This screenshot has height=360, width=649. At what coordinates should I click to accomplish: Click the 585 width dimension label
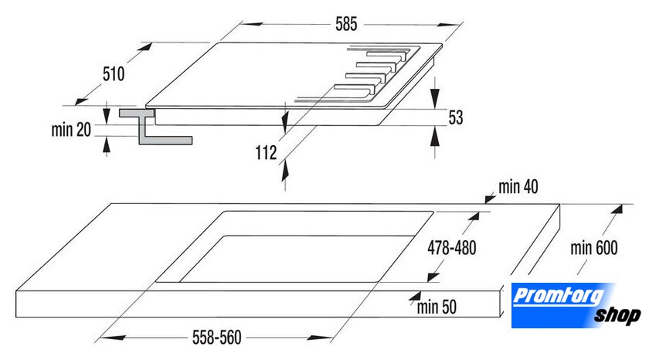tap(346, 24)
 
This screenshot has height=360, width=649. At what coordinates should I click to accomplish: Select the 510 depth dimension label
tap(114, 74)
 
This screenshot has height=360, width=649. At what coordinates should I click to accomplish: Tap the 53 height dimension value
tap(456, 117)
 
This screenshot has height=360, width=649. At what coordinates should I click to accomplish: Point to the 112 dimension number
tap(266, 153)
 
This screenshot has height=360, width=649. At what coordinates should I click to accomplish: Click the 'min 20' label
tap(71, 130)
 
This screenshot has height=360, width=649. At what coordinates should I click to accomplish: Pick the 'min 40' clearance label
tap(518, 187)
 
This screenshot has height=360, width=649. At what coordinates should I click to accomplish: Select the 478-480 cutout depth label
tap(451, 248)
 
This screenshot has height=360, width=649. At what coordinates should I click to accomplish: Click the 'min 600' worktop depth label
tap(594, 248)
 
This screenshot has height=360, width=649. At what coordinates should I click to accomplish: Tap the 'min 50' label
tap(437, 307)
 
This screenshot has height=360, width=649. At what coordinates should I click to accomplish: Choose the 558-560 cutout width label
tap(217, 338)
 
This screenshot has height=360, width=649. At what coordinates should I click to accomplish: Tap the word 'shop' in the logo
tap(617, 316)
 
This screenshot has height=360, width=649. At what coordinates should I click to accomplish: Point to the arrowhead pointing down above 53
tap(434, 100)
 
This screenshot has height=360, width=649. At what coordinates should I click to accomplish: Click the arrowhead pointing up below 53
tap(434, 137)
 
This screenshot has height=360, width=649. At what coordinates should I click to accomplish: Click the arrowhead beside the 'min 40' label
tap(490, 199)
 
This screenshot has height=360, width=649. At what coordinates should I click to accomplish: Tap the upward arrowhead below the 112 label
tap(285, 171)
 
